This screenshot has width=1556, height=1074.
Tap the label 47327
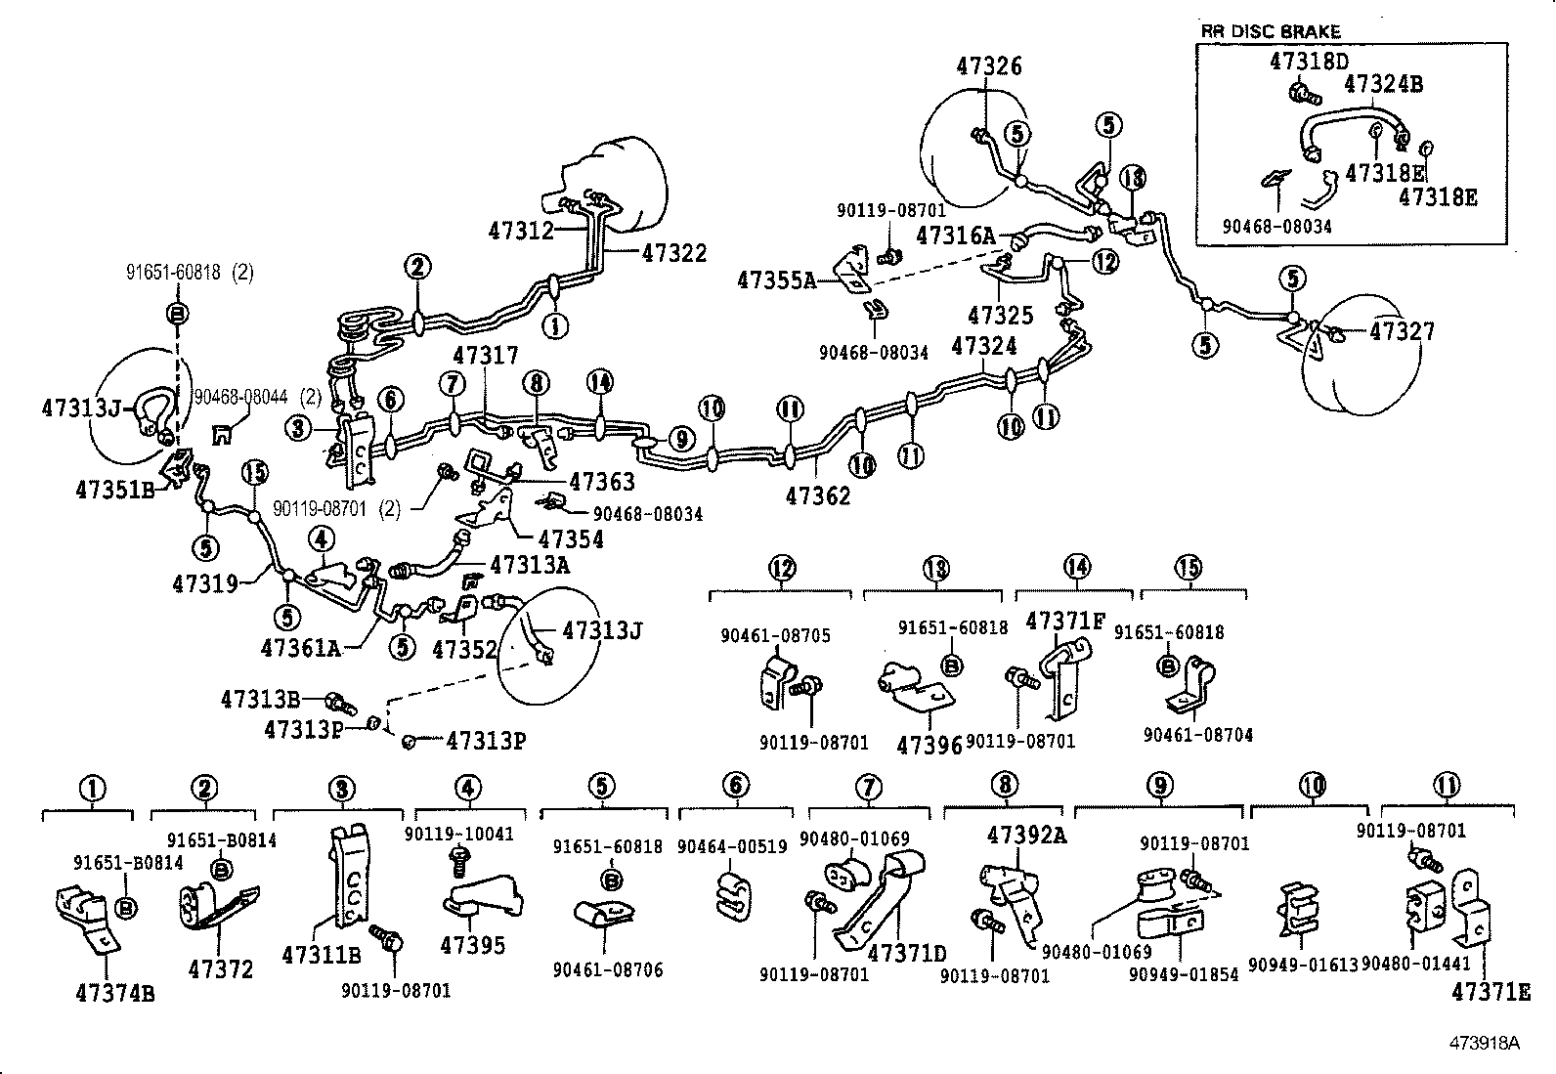(x=1402, y=331)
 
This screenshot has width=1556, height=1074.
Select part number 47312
(x=521, y=231)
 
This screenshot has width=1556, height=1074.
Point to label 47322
(x=673, y=252)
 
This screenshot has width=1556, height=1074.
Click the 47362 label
(x=818, y=495)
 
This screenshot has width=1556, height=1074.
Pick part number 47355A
(x=776, y=279)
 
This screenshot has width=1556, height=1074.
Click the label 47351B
(x=115, y=490)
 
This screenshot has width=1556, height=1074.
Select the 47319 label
(x=204, y=583)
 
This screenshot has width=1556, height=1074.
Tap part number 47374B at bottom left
(x=114, y=994)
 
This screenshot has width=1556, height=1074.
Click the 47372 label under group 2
(x=221, y=968)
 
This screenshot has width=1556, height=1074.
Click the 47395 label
(x=473, y=945)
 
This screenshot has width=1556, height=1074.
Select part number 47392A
(x=1026, y=835)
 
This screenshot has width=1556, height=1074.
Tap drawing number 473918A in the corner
(x=1486, y=1043)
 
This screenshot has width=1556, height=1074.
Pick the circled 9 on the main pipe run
(x=680, y=440)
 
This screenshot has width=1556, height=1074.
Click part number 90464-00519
(x=732, y=846)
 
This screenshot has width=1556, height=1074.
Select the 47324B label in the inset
(x=1383, y=84)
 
